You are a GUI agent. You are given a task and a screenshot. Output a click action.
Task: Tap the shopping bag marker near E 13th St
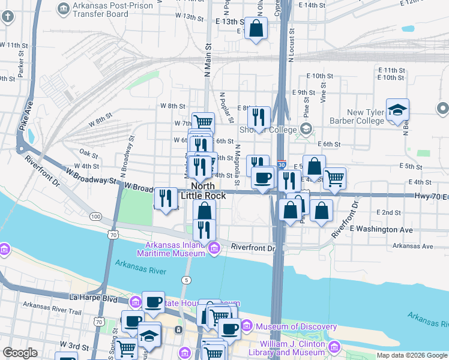pyautogui.click(x=256, y=28)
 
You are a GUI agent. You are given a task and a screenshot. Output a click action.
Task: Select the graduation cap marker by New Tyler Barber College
pyautogui.click(x=397, y=110)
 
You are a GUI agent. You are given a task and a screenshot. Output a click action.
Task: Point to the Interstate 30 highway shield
pyautogui.click(x=282, y=164)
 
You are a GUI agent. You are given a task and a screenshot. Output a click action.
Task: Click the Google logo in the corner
pyautogui.click(x=20, y=353)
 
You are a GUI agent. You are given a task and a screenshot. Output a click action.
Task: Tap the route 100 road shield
pyautogui.click(x=95, y=215)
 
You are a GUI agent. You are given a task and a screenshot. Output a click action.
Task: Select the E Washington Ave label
pyautogui.click(x=381, y=229)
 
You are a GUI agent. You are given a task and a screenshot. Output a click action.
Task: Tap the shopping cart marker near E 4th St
pyautogui.click(x=334, y=178)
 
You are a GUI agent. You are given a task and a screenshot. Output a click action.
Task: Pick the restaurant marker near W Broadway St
pyautogui.click(x=165, y=199)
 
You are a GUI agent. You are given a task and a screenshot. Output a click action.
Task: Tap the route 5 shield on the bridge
pyautogui.click(x=187, y=280)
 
